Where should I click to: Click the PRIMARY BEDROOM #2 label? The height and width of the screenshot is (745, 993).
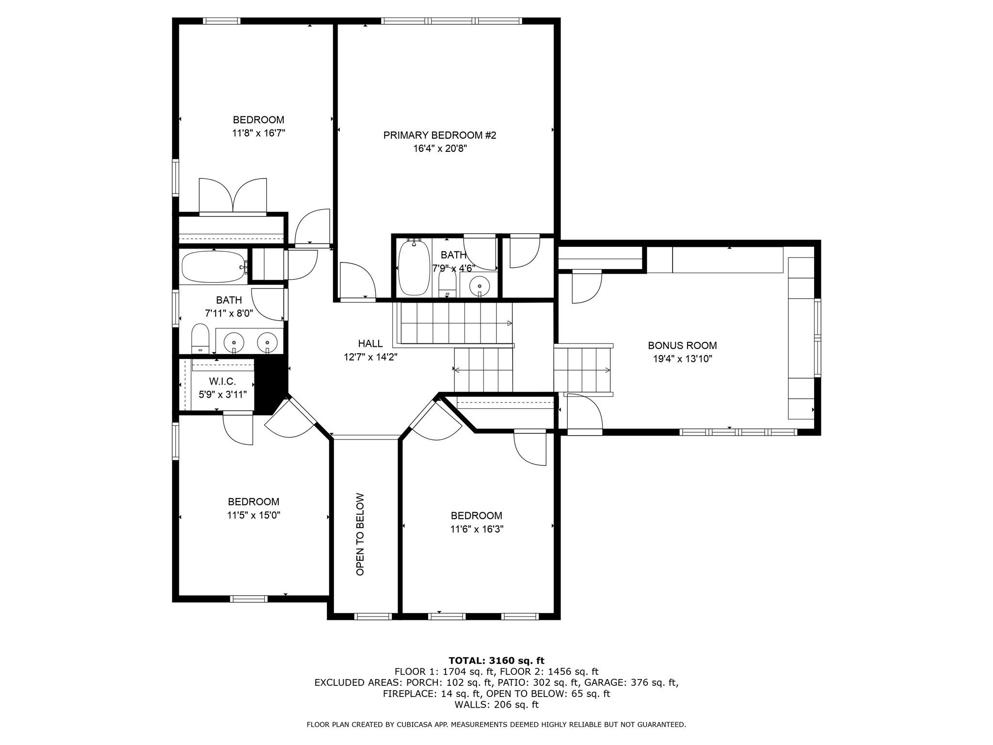[x=440, y=135]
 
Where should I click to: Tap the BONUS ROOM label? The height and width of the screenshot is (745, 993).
[x=682, y=346]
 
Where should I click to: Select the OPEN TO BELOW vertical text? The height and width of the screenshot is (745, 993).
[x=360, y=534]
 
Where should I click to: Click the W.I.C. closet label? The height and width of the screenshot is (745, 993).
[x=223, y=382]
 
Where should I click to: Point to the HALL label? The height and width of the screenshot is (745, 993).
[x=370, y=344]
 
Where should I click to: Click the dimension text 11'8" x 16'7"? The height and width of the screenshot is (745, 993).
[x=258, y=133]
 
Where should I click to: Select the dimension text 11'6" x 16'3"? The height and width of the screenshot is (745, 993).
[x=477, y=529]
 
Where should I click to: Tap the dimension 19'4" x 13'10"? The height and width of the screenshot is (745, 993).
[x=682, y=359]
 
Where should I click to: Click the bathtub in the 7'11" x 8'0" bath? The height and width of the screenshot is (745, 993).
[x=214, y=267]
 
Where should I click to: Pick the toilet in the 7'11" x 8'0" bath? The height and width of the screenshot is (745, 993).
[x=200, y=339]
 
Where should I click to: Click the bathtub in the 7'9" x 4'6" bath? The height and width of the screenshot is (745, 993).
[x=413, y=268]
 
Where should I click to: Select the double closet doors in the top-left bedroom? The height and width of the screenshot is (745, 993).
[x=233, y=196]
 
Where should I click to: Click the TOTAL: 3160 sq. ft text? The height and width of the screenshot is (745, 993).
[x=496, y=661]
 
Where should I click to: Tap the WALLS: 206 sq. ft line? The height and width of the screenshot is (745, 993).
[x=496, y=705]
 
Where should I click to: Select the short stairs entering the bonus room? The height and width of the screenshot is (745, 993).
[x=582, y=370]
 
